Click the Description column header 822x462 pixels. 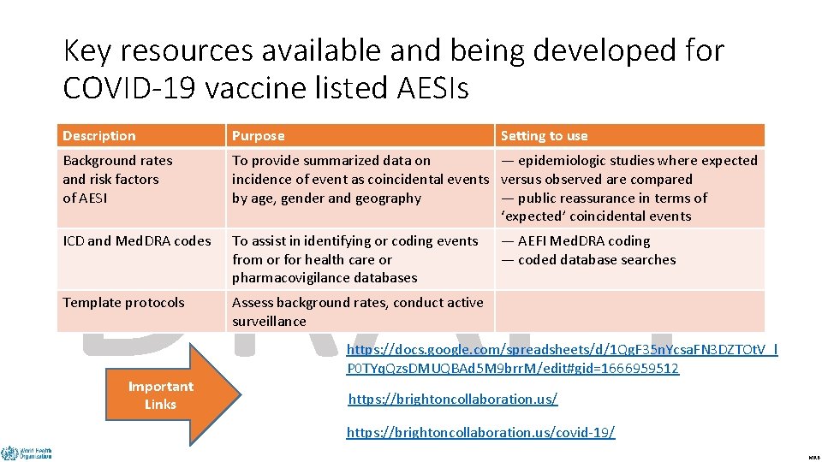[x=99, y=136]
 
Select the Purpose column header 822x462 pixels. [x=259, y=136]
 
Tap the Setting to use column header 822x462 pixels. [x=545, y=136]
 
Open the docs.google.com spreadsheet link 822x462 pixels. [x=562, y=359]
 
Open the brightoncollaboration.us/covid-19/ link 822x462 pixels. [x=480, y=433]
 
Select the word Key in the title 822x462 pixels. [x=88, y=51]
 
